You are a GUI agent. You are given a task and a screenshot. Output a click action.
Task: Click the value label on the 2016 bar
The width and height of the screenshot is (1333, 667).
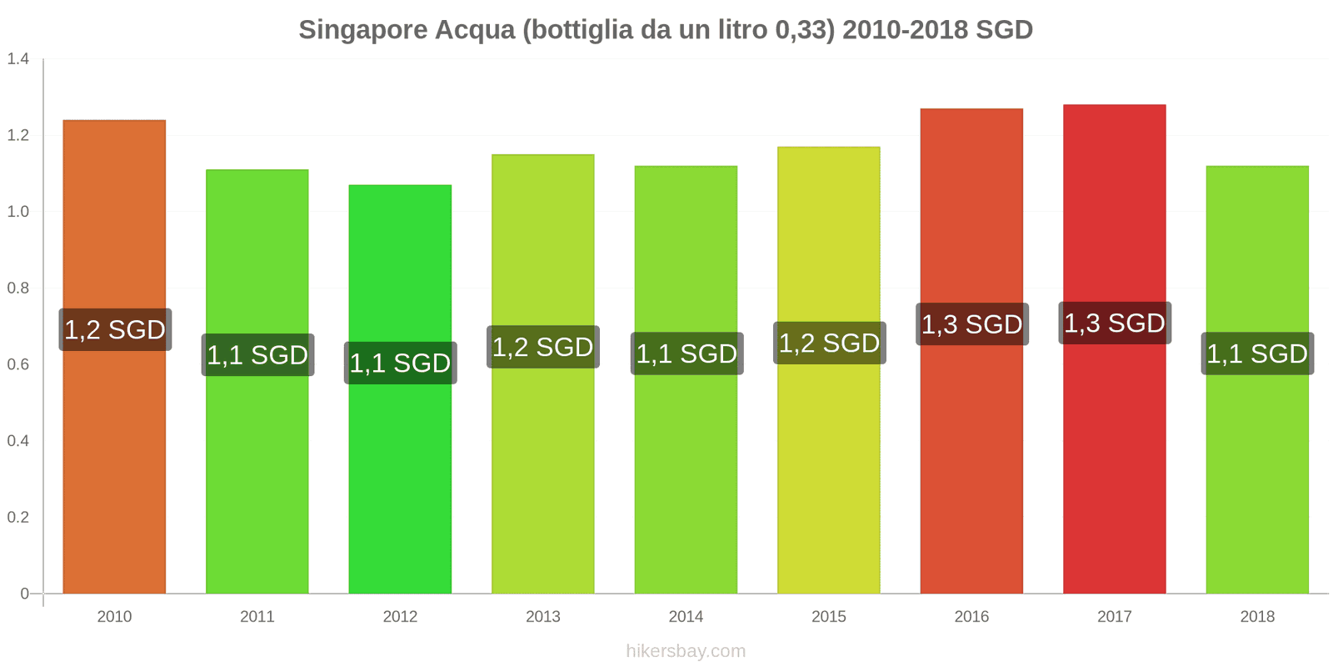(x=971, y=324)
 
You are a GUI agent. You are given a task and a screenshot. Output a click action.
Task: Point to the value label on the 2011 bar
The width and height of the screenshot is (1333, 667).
(x=257, y=355)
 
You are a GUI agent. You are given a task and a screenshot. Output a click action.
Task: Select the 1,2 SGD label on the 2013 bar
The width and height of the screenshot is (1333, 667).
(x=542, y=347)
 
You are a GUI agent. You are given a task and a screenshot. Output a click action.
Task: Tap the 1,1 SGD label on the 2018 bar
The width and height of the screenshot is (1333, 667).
(x=1257, y=354)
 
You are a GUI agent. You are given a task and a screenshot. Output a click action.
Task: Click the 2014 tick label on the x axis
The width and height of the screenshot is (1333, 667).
(x=686, y=617)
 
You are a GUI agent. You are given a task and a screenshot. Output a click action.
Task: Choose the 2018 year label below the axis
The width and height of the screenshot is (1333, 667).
(x=1257, y=617)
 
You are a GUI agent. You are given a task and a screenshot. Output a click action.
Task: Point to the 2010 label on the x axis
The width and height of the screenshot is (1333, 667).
(x=114, y=617)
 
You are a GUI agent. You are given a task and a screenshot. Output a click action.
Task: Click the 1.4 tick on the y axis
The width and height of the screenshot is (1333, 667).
(x=18, y=59)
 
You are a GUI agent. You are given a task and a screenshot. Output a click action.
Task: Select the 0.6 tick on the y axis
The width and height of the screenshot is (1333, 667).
(x=18, y=364)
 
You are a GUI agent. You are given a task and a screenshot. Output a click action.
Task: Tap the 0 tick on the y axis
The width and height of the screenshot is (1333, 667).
(x=24, y=594)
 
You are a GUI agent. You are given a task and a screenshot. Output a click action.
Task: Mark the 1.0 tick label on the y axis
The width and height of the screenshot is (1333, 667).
(x=18, y=212)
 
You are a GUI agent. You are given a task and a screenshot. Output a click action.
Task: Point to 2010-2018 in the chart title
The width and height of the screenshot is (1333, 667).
(x=905, y=30)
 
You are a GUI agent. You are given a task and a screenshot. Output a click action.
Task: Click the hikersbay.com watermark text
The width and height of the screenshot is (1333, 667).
(x=686, y=651)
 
